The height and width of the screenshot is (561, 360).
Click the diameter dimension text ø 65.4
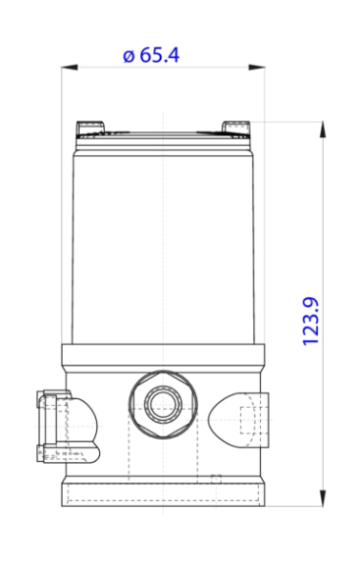point(152,55)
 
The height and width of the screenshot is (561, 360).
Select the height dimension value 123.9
point(310,320)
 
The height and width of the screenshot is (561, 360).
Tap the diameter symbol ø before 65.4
point(130,55)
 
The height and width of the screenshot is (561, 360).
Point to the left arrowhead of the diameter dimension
point(68,68)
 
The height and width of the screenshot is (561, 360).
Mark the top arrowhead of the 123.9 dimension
point(323,127)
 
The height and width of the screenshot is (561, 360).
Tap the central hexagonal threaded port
point(157,405)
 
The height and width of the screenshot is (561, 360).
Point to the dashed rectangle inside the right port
point(249,420)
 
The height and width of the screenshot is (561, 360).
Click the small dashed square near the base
point(216,477)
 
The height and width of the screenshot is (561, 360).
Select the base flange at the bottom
point(164,493)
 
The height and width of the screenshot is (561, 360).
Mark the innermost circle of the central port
point(157,405)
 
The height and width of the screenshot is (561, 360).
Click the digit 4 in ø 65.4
point(173,55)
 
